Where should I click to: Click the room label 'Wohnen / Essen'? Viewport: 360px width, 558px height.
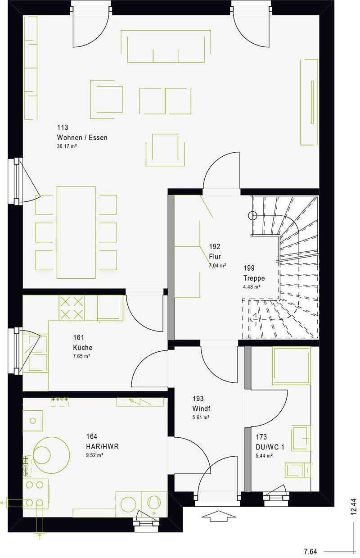[82, 137]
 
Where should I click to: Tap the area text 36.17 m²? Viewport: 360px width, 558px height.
[67, 146]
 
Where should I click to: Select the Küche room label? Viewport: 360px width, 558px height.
[83, 347]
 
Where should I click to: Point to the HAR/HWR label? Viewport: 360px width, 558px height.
[102, 446]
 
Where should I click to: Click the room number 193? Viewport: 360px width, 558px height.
[198, 399]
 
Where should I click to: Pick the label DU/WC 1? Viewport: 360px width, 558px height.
[270, 447]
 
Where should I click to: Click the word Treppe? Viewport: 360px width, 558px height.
[254, 278]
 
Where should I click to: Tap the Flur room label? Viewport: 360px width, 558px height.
[215, 256]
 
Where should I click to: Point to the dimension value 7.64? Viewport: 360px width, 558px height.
[310, 552]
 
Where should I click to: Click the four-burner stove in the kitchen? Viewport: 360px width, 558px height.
[72, 308]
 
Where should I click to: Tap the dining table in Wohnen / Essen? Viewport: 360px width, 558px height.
[76, 232]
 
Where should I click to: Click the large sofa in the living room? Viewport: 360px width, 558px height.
[166, 46]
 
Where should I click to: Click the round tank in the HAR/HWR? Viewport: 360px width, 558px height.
[51, 455]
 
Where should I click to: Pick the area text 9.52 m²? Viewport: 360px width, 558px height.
[94, 455]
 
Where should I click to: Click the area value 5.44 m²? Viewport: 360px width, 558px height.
[264, 456]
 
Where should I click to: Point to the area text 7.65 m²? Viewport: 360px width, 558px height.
[81, 356]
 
